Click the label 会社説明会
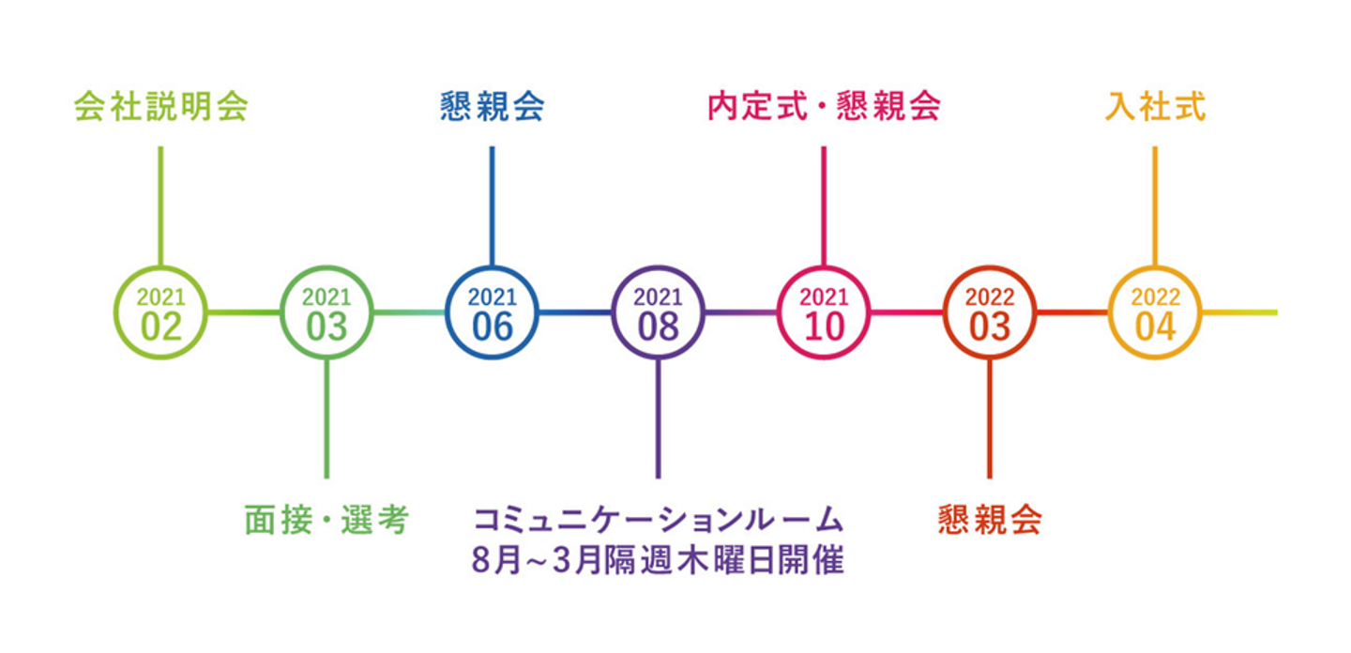coord(161,107)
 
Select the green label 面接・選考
coord(326,520)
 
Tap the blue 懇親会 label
coord(493,107)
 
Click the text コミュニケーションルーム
coord(658,520)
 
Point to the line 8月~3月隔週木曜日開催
coord(658,560)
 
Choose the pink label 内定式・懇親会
coord(824,107)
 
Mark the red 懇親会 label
coord(990,520)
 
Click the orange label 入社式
coord(1155,107)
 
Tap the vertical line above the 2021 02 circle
coord(160,206)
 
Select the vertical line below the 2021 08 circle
coord(658,418)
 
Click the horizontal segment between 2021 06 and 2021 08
coord(575,312)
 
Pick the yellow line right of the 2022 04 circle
coord(1239,312)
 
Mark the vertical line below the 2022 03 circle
coord(990,418)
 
